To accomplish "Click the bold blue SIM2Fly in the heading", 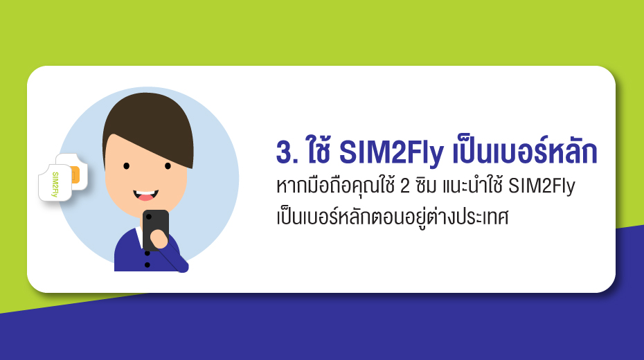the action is click(x=391, y=152).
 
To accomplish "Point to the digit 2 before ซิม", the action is click(x=405, y=186).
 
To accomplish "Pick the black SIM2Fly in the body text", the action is click(x=542, y=187).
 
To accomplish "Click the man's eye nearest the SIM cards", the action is click(x=127, y=166).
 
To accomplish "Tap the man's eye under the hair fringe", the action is click(x=168, y=166).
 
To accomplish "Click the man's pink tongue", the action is click(x=145, y=197).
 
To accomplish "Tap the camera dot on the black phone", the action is click(x=149, y=216).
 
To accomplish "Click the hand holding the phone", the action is click(x=159, y=238).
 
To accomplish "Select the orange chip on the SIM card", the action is click(x=75, y=175).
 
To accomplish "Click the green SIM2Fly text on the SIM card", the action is click(x=55, y=184).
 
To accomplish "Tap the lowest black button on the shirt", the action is click(x=147, y=265).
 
